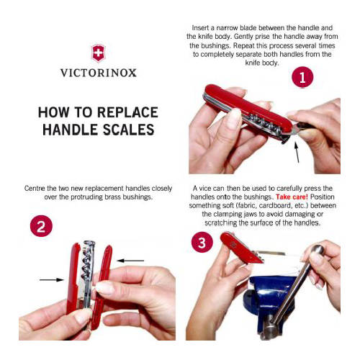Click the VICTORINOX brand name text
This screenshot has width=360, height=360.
[x=97, y=73]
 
